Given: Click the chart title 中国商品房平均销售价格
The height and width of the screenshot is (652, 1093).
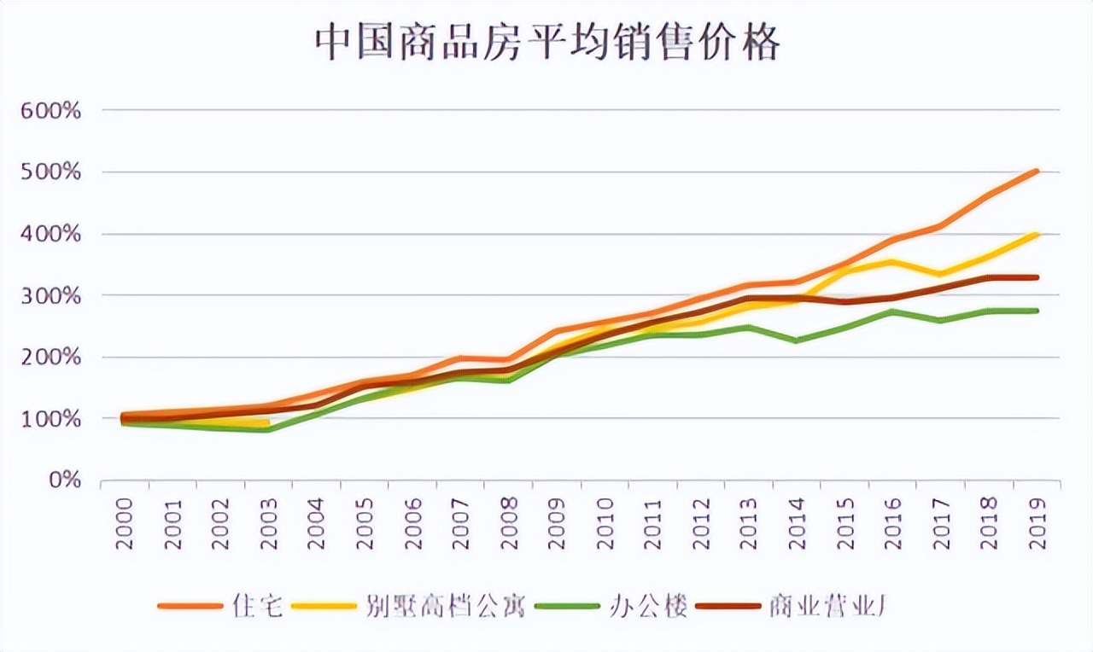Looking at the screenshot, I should [547, 42].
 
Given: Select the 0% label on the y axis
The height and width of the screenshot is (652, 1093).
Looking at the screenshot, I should [65, 480].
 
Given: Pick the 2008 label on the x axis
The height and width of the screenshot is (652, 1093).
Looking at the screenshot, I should [510, 521].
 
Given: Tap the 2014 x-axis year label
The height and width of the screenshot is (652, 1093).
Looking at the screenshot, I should [798, 521].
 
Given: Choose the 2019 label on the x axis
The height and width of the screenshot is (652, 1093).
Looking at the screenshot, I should [1037, 521].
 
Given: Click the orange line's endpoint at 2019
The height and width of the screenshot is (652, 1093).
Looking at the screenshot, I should [1037, 172].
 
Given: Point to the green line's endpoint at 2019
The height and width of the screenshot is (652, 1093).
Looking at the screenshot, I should [1037, 311].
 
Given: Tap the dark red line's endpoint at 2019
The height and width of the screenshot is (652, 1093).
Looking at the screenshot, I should [1037, 277].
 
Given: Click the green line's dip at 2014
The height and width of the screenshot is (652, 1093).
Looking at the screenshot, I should [797, 341].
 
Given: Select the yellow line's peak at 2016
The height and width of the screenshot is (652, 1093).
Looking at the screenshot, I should [892, 261].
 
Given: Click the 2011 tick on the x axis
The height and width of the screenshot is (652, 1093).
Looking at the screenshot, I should [653, 521].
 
